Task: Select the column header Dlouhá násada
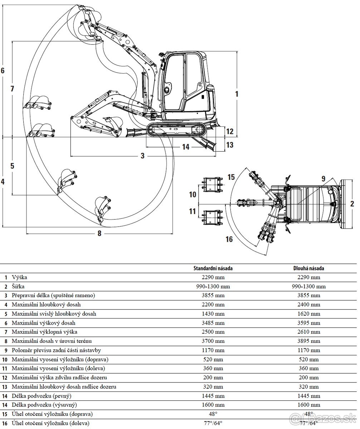308,268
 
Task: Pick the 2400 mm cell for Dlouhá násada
308,305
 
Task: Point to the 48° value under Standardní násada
213,414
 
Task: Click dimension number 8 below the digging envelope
99,233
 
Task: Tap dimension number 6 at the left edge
3,70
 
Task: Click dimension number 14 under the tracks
185,147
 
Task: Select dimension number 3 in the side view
142,156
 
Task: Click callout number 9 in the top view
323,178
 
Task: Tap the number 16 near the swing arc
229,239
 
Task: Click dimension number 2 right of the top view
352,204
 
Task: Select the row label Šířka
18,286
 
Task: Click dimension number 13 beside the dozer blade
230,145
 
